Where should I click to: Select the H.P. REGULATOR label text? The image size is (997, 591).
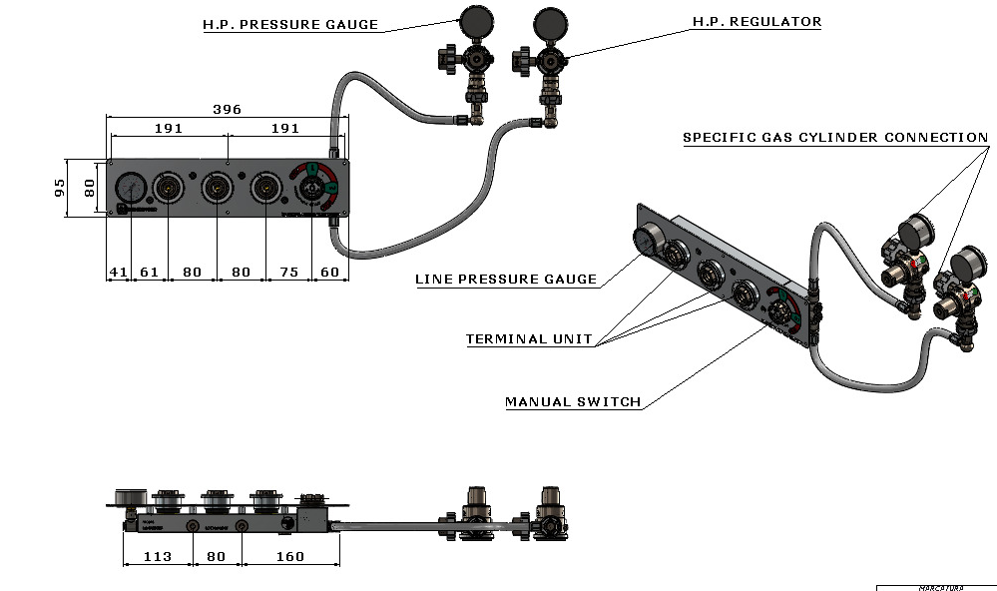756,21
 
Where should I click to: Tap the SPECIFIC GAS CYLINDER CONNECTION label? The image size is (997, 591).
834,138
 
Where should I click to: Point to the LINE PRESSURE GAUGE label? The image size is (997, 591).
506,280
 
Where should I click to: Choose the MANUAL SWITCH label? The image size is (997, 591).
572,402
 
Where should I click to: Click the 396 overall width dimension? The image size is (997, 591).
228,110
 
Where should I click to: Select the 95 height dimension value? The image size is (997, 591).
61,187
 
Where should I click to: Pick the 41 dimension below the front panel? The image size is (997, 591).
119,272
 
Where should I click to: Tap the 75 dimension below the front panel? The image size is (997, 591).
288,272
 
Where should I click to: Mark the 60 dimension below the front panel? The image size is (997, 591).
328,272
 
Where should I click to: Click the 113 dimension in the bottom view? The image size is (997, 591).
157,557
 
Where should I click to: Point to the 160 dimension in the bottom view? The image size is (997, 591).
289,557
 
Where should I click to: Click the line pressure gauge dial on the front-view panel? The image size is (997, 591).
131,187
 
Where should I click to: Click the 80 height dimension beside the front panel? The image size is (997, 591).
89,187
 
